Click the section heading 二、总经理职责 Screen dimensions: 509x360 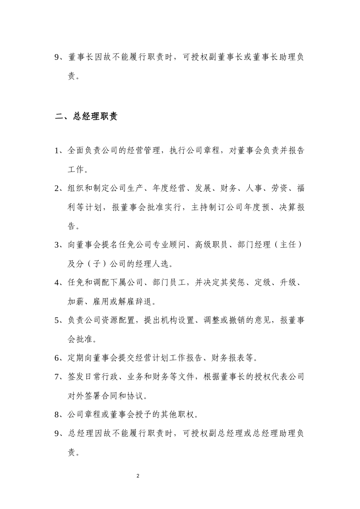click(86, 116)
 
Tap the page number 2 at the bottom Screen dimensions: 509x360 click(138, 476)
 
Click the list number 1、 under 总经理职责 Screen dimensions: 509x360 click(60, 151)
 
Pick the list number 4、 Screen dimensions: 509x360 click(60, 283)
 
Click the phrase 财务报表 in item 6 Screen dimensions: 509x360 click(227, 358)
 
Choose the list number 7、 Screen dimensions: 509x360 click(60, 377)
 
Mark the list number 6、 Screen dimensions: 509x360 click(60, 358)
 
